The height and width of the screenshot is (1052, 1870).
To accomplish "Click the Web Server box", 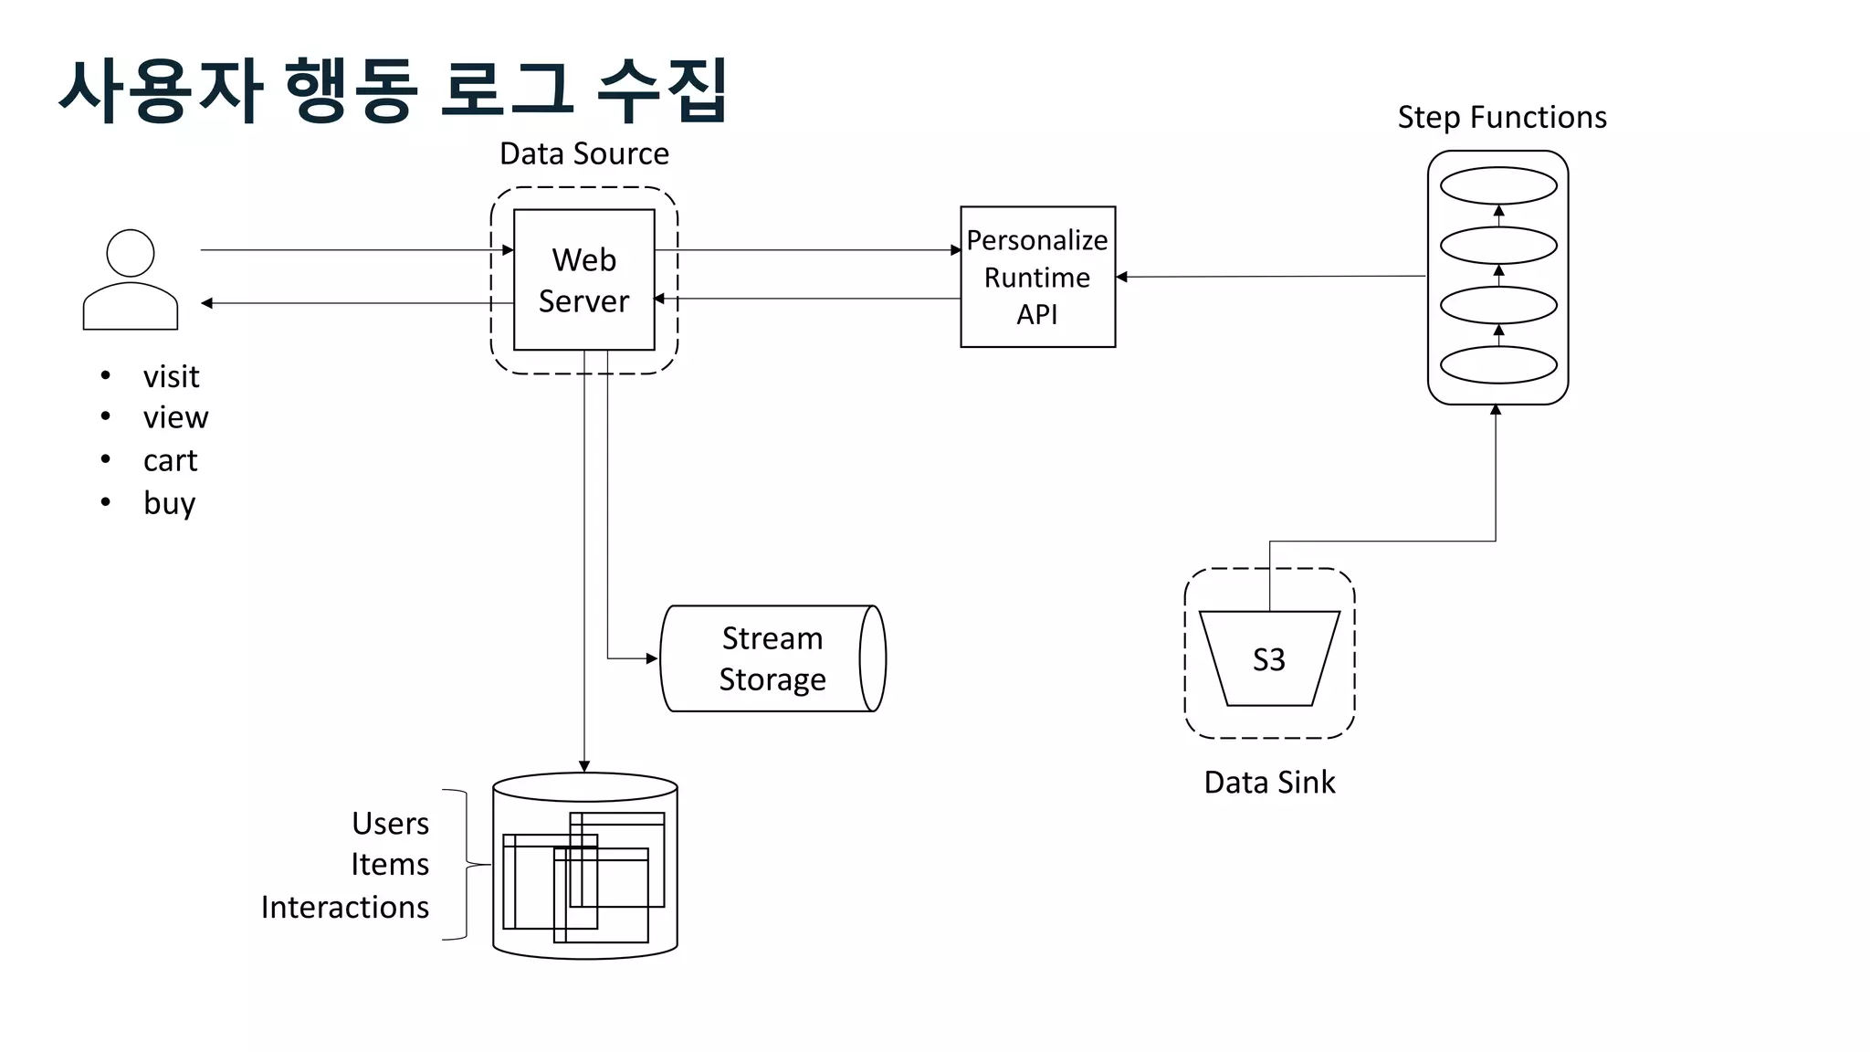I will click(x=583, y=279).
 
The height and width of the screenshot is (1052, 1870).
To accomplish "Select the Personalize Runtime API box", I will click(x=1037, y=277).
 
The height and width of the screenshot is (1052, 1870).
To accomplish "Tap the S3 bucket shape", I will click(x=1268, y=659).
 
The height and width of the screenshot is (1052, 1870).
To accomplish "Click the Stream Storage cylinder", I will click(x=772, y=658).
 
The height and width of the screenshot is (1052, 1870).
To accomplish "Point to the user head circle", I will click(x=131, y=253).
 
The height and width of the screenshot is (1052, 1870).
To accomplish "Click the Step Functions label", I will click(x=1501, y=118).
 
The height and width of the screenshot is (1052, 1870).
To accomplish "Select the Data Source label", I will click(x=583, y=153).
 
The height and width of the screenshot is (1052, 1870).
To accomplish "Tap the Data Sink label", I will click(x=1269, y=783).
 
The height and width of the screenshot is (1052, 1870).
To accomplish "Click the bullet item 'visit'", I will click(x=171, y=376).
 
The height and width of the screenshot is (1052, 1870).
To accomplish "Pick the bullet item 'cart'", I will click(x=170, y=460).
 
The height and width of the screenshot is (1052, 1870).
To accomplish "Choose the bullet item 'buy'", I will click(x=169, y=503).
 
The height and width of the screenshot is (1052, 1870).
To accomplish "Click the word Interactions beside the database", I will click(x=344, y=907).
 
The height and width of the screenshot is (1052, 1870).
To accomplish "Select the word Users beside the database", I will click(x=390, y=824).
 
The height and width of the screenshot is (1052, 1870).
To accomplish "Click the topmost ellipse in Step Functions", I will click(x=1498, y=185).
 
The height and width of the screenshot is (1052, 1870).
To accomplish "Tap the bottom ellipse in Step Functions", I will click(x=1498, y=364).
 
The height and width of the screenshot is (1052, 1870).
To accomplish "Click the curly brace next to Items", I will click(x=467, y=864).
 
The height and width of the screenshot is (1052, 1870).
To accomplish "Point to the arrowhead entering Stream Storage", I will click(x=652, y=658).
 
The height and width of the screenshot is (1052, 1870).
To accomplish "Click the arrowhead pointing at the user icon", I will click(x=207, y=303).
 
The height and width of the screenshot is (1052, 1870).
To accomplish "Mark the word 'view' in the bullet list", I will click(x=175, y=417).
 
